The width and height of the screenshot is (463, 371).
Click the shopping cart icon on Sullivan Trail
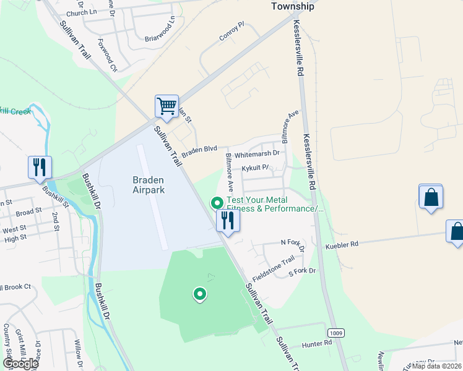click(x=167, y=106)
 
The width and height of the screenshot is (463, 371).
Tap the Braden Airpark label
click(x=149, y=185)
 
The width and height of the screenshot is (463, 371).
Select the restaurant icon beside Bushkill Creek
click(x=40, y=167)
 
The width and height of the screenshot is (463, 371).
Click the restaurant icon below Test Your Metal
click(x=228, y=221)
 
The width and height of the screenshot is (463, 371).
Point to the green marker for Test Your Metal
click(x=217, y=203)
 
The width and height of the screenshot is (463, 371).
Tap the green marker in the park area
click(x=199, y=295)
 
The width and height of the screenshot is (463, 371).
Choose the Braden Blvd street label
click(x=199, y=149)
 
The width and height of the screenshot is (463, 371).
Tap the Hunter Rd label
click(x=317, y=343)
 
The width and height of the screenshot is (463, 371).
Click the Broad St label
click(x=28, y=212)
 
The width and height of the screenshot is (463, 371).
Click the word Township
click(x=293, y=7)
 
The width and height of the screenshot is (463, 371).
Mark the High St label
click(x=32, y=237)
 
